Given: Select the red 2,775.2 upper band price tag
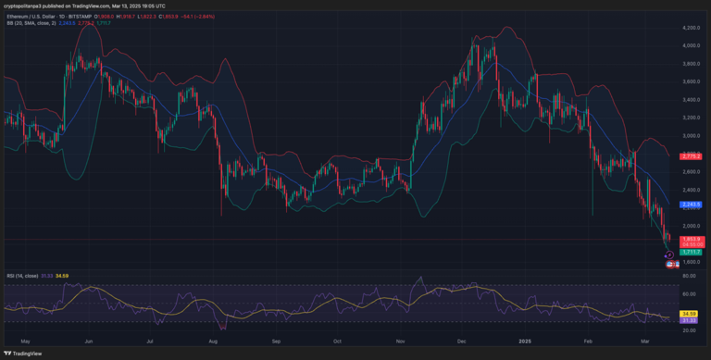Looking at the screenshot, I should point(691,156).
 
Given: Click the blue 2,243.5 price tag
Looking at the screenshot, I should point(691,204).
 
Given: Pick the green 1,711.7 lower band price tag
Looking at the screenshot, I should point(691,252).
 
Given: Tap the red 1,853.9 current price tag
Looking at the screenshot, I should point(691,239).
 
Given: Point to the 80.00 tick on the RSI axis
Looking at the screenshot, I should point(689,276).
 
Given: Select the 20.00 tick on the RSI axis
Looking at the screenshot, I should point(689,329).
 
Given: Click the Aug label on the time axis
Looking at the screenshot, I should point(214,341).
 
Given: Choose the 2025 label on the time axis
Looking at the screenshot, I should point(525,341).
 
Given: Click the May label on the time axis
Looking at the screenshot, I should point(25,341).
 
